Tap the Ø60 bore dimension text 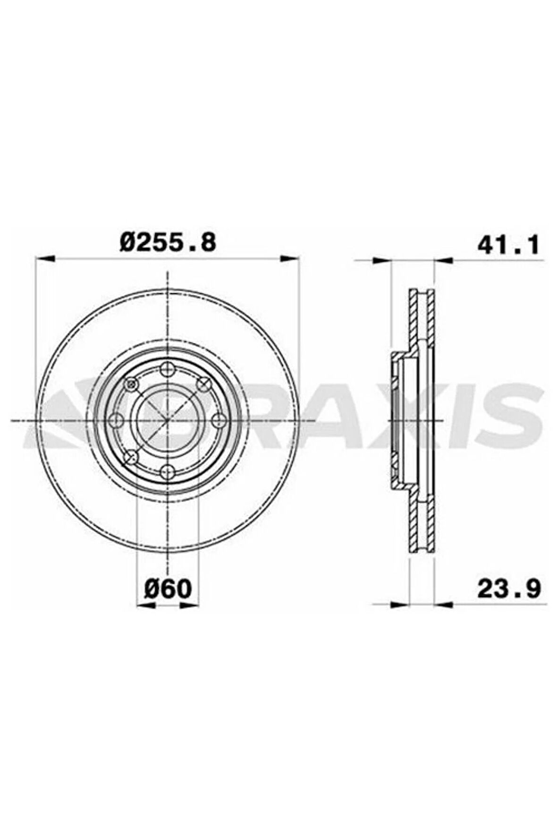[x=168, y=589]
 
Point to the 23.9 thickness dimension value [x=509, y=589]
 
